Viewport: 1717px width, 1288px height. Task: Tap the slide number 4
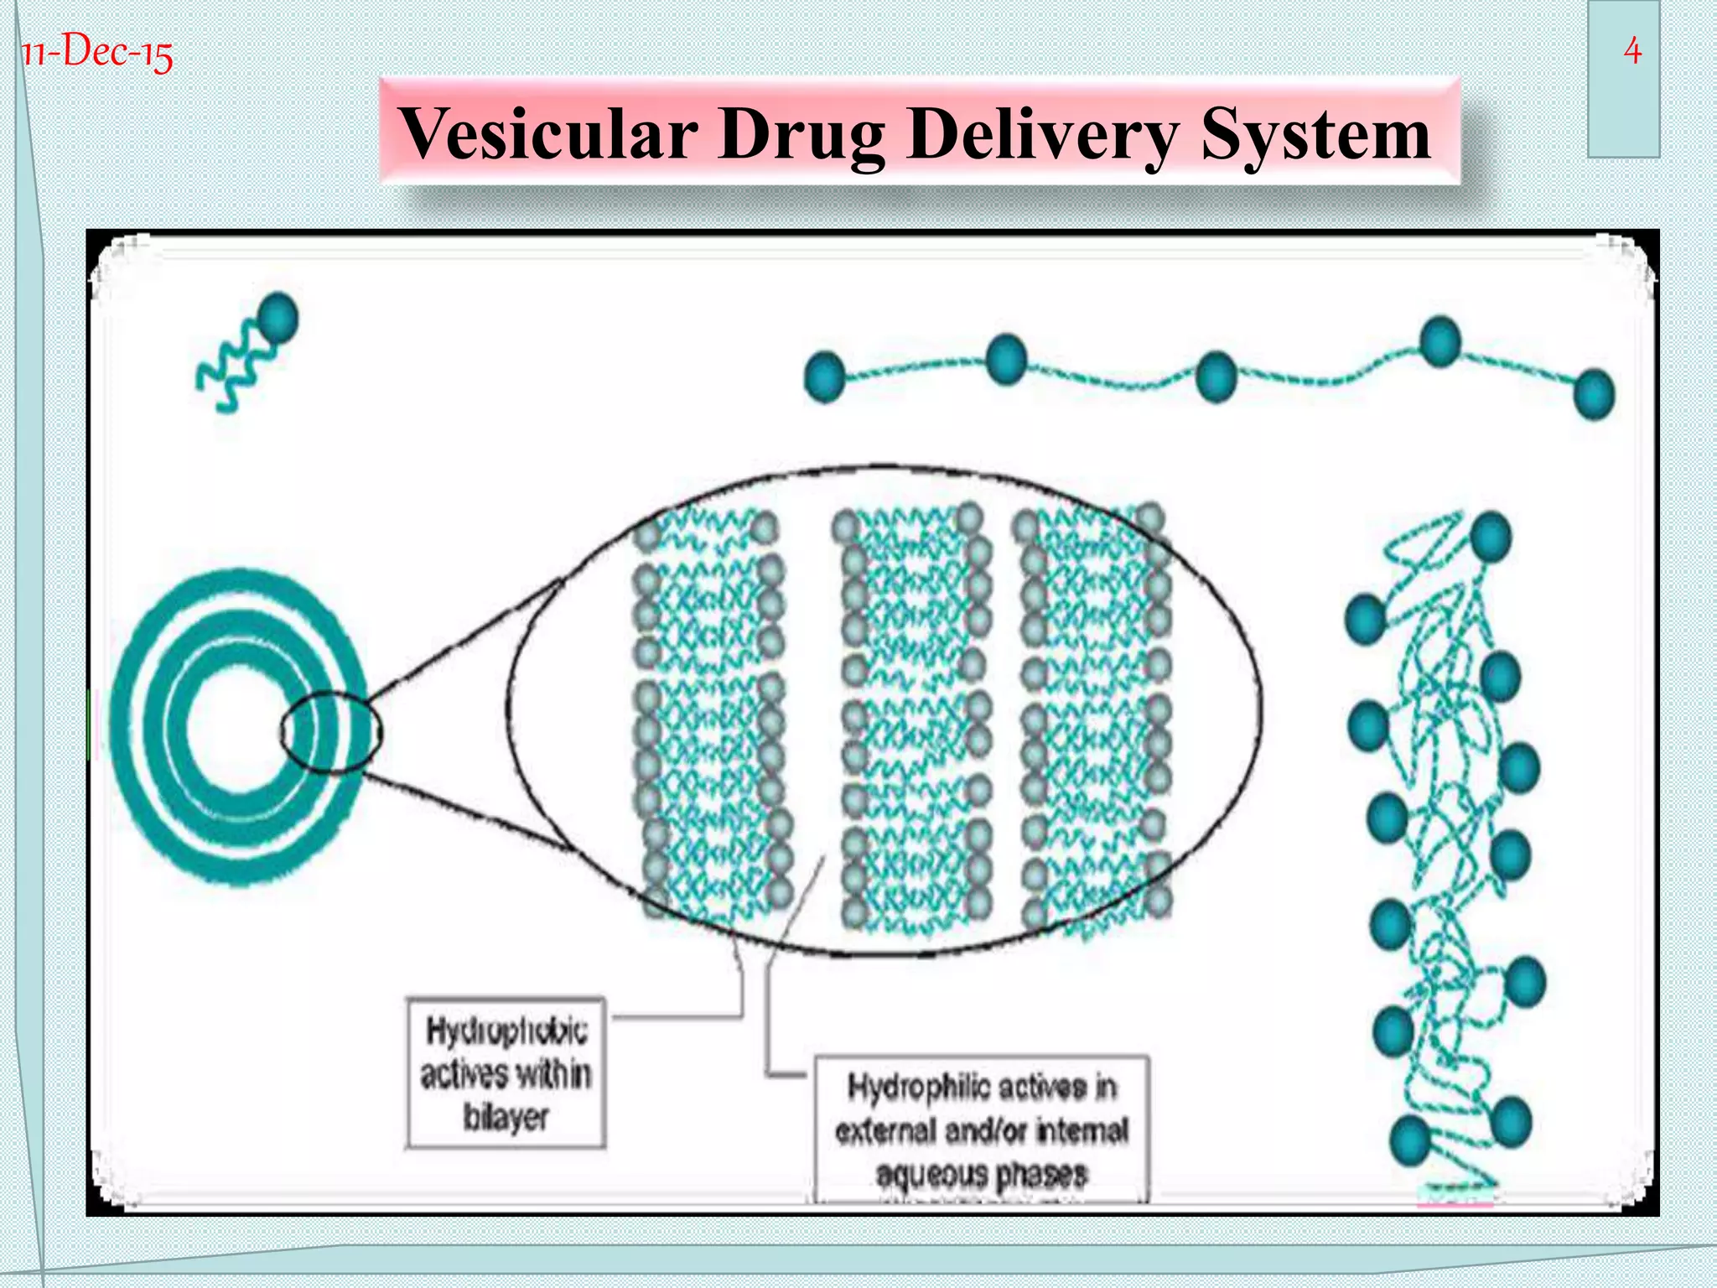[1631, 52]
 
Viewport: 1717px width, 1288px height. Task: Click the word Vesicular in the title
[549, 134]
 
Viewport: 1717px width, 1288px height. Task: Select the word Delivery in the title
[1042, 134]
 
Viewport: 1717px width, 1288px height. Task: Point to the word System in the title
[1315, 134]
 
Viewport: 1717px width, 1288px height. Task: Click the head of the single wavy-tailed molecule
[278, 318]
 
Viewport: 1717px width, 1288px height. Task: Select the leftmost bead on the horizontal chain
[824, 377]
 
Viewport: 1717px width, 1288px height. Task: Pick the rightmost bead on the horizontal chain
[1594, 393]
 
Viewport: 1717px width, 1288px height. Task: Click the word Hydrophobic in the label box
[506, 1031]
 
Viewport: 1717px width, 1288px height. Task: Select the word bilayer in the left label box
[506, 1117]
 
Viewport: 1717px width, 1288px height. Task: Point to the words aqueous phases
[982, 1174]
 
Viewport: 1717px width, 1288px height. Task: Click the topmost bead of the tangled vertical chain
[1490, 537]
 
